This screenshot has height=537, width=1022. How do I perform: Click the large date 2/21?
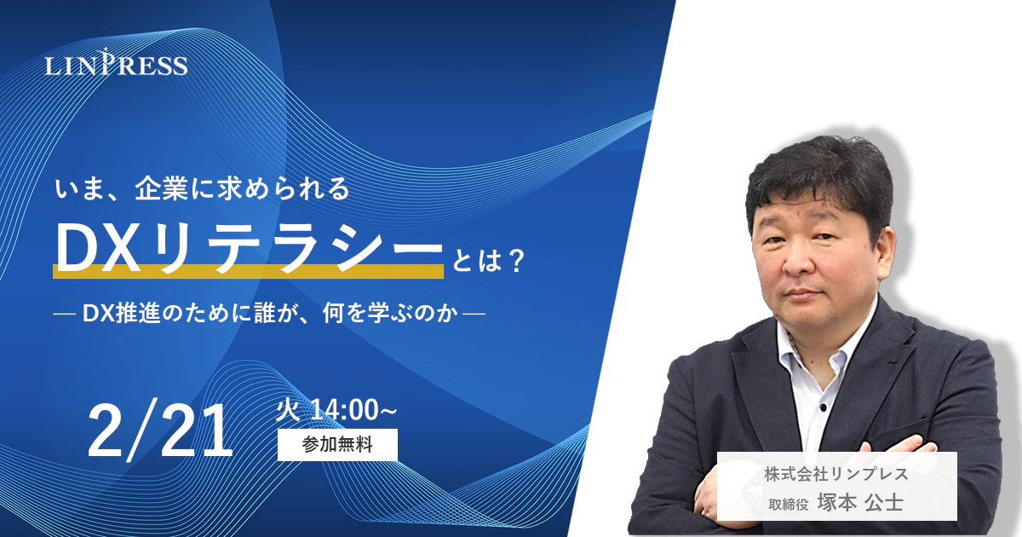click(160, 430)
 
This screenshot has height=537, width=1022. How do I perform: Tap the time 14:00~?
click(353, 410)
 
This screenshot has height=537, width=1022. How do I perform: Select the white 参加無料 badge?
click(337, 444)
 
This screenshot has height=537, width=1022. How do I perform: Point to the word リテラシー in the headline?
click(294, 248)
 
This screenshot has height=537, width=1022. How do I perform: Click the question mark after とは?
click(515, 261)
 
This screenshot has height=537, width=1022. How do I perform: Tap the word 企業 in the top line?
click(162, 188)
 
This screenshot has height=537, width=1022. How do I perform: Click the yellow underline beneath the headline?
click(248, 271)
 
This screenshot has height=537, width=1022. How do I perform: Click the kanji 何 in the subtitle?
click(333, 314)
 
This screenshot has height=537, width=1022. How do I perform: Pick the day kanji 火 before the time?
click(288, 410)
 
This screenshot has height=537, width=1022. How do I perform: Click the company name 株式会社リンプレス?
click(836, 474)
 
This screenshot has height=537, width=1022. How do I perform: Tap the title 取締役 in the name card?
click(789, 504)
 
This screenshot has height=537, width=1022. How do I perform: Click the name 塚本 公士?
click(860, 502)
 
